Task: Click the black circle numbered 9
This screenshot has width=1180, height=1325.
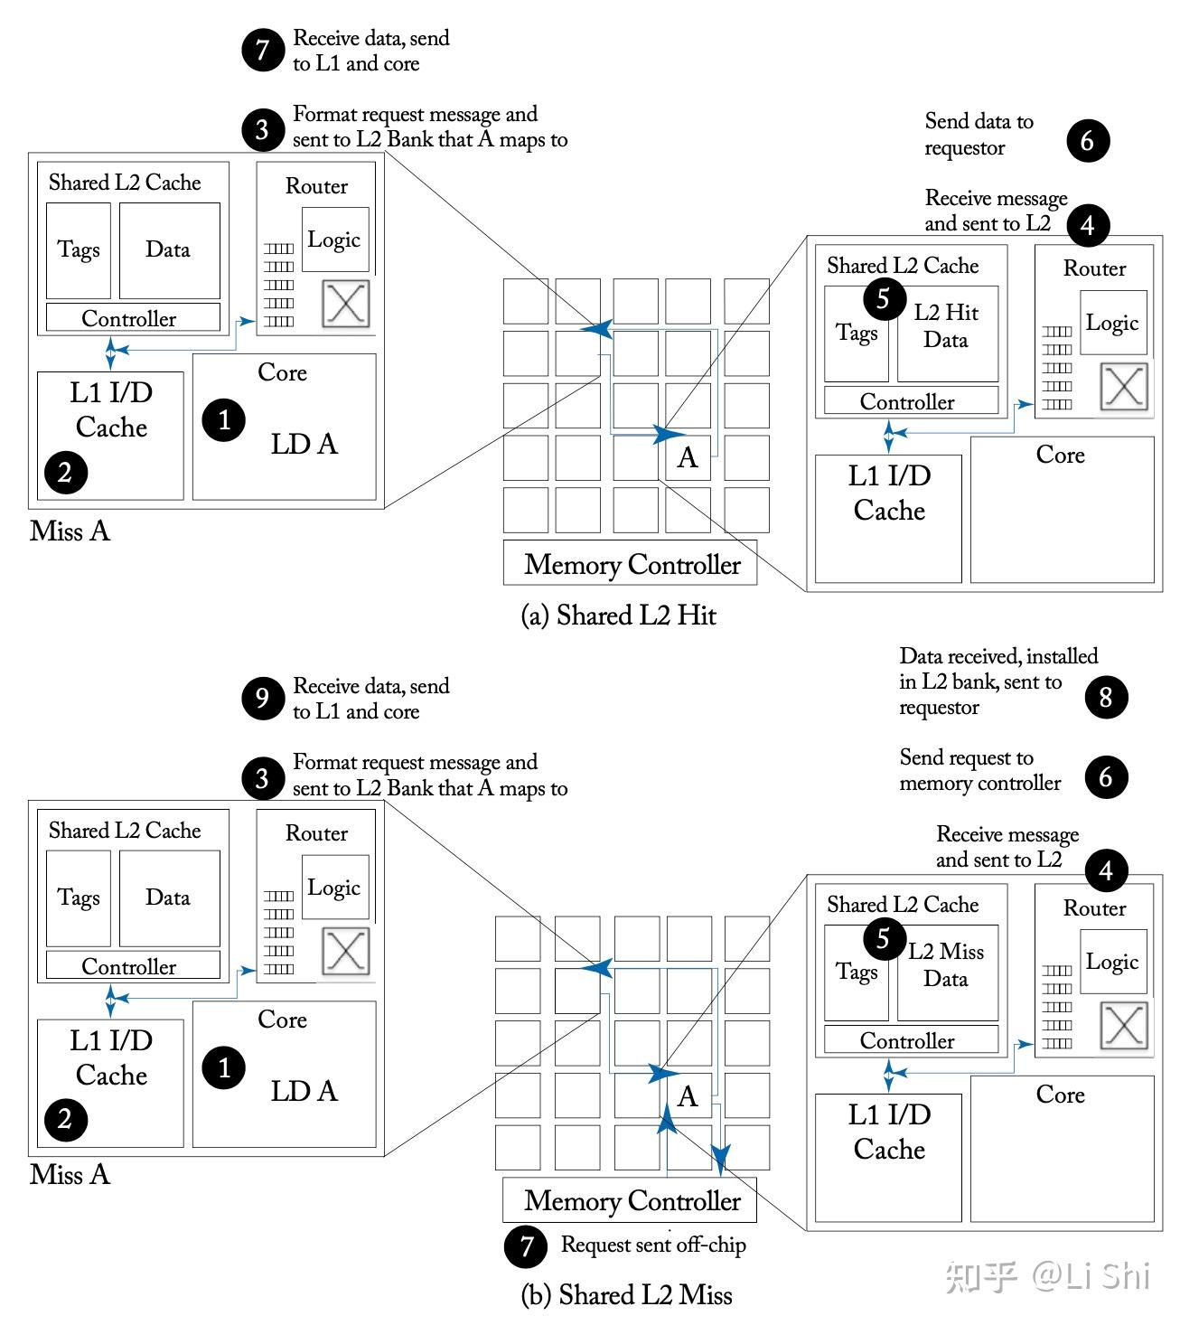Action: (262, 698)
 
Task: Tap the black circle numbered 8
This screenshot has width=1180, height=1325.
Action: (1106, 697)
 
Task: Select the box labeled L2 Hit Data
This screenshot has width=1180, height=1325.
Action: (947, 334)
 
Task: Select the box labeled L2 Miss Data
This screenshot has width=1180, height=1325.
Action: (947, 973)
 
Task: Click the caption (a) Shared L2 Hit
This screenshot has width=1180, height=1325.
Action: (618, 616)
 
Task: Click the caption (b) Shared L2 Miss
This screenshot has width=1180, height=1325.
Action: (626, 1295)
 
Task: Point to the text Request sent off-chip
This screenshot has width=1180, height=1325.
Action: (653, 1245)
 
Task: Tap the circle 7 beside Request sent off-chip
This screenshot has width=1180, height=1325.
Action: (526, 1246)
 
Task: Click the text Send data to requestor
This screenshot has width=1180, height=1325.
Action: (979, 134)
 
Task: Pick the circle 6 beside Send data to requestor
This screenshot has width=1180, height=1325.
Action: (1088, 141)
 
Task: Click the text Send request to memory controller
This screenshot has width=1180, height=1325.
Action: (980, 770)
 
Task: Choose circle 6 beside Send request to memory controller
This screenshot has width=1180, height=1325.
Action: (1106, 777)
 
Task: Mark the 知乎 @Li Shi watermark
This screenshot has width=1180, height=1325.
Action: (1047, 1277)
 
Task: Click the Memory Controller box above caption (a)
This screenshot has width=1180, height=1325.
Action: (630, 562)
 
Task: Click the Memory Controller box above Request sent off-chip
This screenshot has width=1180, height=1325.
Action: (630, 1200)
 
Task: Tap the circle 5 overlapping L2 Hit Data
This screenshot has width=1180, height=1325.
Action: (884, 299)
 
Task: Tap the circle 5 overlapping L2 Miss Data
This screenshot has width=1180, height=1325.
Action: (884, 938)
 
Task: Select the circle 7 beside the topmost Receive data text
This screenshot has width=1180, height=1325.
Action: (262, 50)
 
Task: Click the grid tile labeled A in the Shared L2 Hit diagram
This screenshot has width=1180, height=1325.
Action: (688, 458)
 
